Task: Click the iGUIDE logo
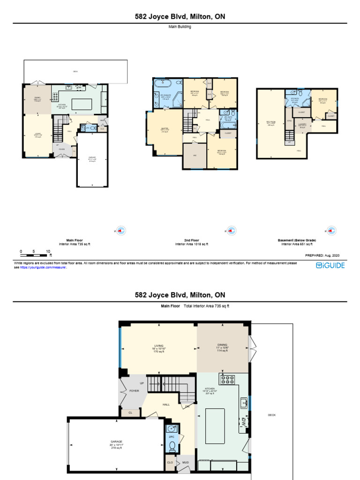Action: click(x=330, y=266)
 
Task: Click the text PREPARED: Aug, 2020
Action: click(x=322, y=255)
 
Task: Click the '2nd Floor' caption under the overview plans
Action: click(x=191, y=240)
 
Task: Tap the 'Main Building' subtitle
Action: click(x=180, y=27)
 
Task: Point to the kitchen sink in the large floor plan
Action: click(x=244, y=402)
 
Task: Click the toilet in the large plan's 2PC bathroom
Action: click(x=172, y=445)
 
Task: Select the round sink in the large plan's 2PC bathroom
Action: click(x=172, y=429)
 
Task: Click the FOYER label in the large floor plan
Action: click(x=134, y=390)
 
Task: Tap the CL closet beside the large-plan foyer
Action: click(x=130, y=413)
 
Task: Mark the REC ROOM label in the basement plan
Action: click(x=270, y=123)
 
